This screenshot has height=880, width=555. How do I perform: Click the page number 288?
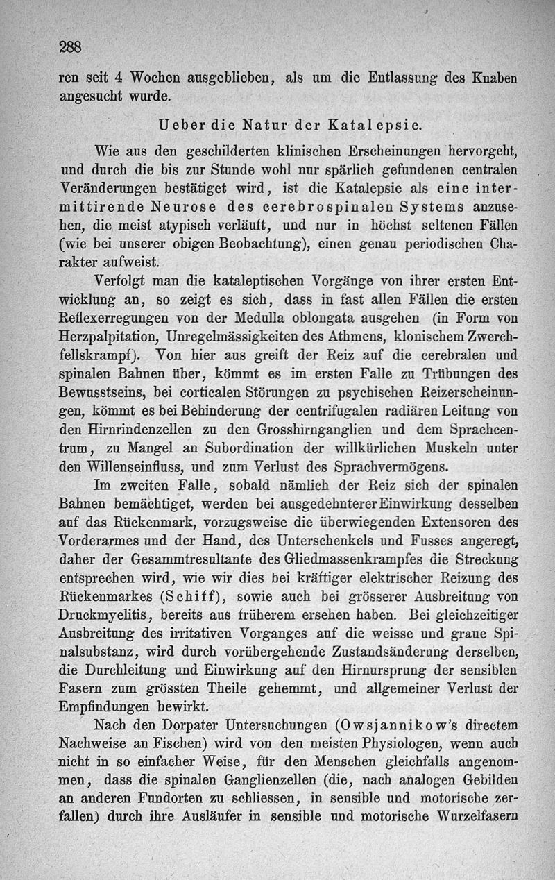click(71, 48)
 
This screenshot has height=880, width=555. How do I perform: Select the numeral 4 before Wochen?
click(118, 77)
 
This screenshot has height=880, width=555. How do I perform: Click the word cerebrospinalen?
click(305, 207)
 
